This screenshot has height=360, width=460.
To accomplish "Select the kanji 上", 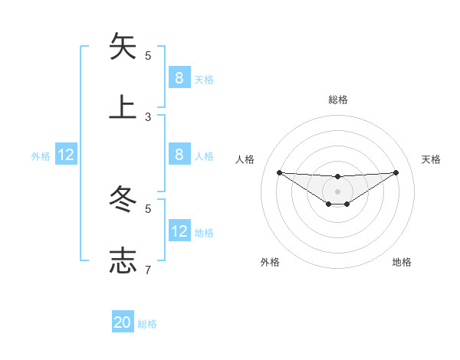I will [123, 107].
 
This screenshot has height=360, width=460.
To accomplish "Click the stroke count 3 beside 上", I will [148, 116].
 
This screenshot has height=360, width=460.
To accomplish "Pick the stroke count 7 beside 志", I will [148, 270].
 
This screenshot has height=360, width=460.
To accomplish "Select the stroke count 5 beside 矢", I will [148, 55].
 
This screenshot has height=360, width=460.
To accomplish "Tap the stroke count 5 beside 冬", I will [148, 208].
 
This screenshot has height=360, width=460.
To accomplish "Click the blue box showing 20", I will [123, 322].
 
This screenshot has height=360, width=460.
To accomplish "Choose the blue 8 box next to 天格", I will [179, 77].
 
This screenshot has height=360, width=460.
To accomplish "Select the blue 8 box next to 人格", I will [179, 155].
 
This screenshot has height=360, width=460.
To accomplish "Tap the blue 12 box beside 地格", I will [179, 231].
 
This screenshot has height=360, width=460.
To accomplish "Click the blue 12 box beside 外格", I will [66, 155].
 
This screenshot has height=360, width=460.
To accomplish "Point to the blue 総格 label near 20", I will [147, 324].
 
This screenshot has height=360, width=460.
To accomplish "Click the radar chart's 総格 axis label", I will [337, 100].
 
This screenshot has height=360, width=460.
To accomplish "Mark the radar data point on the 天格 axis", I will [396, 172].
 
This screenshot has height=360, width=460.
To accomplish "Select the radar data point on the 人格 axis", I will [279, 172].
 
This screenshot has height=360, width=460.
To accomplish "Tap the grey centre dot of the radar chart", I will [337, 191].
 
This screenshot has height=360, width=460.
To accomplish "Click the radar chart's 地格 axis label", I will [402, 262].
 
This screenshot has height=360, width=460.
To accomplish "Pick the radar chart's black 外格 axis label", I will [270, 262].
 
